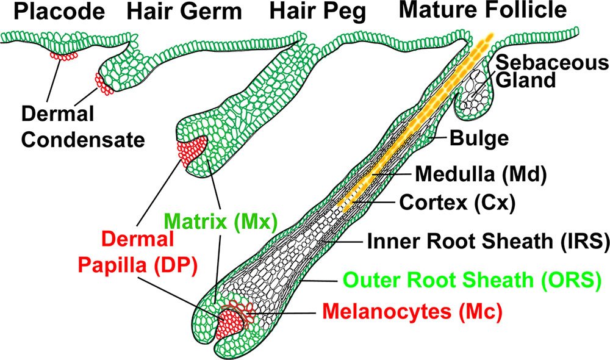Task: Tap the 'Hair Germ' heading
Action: [184, 12]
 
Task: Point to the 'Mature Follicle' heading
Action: [482, 10]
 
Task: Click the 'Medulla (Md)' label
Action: [479, 175]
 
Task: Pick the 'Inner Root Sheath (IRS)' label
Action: [488, 241]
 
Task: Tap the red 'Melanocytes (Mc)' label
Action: [411, 312]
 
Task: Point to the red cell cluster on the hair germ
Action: [103, 84]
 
